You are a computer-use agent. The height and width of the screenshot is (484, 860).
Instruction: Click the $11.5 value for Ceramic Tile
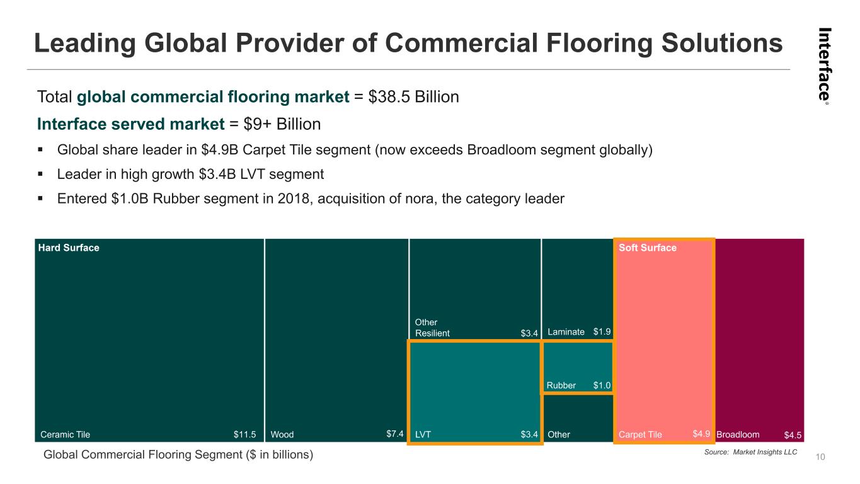244,434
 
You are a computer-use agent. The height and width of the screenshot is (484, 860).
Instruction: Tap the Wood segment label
282,434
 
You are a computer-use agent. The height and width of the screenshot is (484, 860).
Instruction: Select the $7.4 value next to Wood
394,434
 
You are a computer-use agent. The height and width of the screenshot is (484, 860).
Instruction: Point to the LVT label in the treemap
423,434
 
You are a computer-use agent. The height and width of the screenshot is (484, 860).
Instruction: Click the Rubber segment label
561,386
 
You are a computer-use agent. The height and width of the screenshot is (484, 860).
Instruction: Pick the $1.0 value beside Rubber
602,385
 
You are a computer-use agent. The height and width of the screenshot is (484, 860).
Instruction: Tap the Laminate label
566,331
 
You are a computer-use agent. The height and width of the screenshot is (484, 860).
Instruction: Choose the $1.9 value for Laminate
602,331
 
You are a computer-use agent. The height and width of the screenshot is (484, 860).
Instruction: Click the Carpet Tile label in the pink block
640,434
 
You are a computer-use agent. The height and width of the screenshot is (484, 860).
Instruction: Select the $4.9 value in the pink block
701,434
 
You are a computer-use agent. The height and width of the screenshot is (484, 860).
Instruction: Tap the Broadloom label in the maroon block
737,434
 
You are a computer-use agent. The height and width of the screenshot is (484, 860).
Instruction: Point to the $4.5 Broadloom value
793,435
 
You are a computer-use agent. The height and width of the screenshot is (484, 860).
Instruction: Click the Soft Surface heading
648,248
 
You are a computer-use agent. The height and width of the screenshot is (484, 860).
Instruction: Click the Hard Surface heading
68,248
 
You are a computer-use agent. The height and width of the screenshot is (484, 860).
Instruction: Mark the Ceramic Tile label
65,434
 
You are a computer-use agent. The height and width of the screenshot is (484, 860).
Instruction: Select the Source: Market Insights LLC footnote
759,452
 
